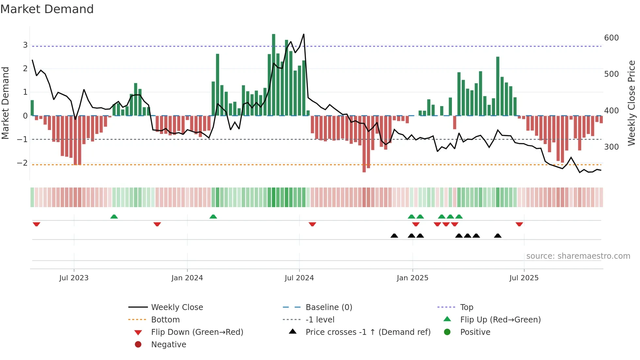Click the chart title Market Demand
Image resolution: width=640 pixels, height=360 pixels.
[47, 9]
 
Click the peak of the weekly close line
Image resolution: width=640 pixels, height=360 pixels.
[304, 34]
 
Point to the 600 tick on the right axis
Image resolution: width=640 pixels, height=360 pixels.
[611, 38]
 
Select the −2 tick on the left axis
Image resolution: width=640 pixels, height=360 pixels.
[23, 163]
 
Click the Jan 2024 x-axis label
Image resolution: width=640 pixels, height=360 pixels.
[187, 278]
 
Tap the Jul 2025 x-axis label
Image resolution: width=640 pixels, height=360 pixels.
[524, 278]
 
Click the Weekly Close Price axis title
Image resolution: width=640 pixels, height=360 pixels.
[632, 103]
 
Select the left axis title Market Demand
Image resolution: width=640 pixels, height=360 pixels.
[5, 103]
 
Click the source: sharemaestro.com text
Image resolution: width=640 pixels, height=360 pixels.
[578, 256]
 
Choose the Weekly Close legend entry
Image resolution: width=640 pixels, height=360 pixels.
[177, 307]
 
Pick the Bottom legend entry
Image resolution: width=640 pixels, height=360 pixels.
[165, 320]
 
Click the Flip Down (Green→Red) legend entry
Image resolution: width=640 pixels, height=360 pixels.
[197, 332]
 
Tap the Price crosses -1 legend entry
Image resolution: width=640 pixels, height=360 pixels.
[368, 332]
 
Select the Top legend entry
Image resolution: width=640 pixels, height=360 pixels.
[466, 307]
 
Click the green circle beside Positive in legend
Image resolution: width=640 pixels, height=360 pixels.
[447, 332]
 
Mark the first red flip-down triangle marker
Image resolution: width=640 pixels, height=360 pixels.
[37, 224]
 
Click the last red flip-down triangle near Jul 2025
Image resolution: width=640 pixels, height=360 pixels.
[519, 224]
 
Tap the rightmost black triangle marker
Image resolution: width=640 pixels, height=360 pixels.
[498, 236]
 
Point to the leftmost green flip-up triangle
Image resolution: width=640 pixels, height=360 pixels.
[114, 217]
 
